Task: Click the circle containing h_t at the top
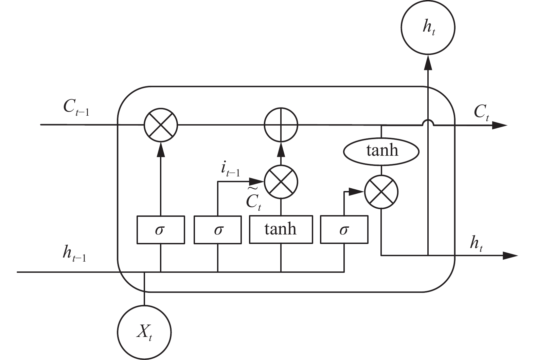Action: [428, 27]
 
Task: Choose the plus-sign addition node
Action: [281, 125]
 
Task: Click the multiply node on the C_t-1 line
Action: [161, 125]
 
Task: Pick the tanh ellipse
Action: [381, 150]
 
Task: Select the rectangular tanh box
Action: [281, 230]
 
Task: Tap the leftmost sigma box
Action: [161, 230]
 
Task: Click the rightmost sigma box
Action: [344, 230]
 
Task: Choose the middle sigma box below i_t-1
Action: [218, 230]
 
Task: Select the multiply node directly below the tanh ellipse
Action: [381, 192]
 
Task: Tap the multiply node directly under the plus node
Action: [281, 182]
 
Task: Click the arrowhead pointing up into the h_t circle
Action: [428, 63]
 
